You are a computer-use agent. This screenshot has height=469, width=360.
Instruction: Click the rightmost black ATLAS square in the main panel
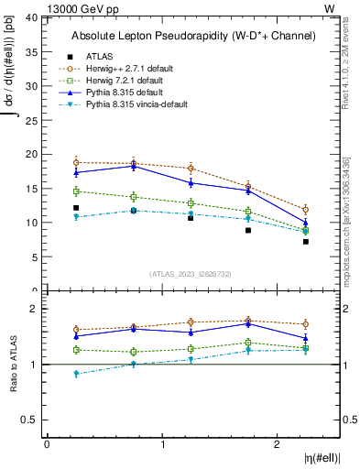[306, 242]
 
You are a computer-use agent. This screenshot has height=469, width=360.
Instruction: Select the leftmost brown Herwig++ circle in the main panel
[76, 162]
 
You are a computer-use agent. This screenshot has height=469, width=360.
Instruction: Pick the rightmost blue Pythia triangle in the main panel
[306, 223]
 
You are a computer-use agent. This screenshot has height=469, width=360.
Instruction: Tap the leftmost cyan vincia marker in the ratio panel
[76, 374]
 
